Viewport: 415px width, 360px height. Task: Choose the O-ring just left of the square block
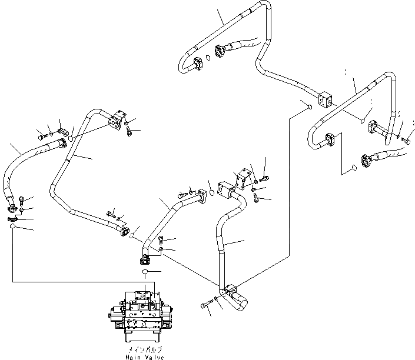click(x=307, y=106)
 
